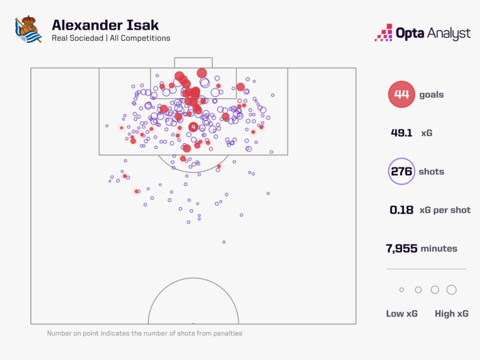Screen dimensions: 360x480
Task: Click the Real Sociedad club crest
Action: [x=28, y=29]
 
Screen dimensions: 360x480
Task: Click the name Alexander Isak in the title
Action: [x=105, y=25]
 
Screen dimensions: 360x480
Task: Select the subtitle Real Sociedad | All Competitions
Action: [x=111, y=38]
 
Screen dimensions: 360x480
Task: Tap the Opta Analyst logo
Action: [x=422, y=33]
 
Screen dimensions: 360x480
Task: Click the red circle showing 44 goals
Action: [x=401, y=94]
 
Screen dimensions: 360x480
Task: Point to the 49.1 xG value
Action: [x=401, y=133]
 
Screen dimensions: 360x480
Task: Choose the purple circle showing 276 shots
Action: [x=401, y=171]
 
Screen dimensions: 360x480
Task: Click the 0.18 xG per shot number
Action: [x=401, y=210]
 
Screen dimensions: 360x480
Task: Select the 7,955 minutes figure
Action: [x=401, y=248]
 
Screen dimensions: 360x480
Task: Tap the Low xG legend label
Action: [x=402, y=314]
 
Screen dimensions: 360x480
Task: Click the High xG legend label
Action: [x=451, y=314]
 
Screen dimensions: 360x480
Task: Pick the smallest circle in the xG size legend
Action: [x=401, y=290]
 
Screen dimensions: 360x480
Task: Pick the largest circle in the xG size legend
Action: [x=451, y=290]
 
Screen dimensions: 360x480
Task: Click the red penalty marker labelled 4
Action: [x=193, y=127]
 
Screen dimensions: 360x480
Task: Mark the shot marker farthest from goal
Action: [x=224, y=242]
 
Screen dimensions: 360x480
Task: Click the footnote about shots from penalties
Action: [x=145, y=333]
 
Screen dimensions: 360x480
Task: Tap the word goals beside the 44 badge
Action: [x=431, y=95]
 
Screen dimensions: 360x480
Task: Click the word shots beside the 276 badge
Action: [x=431, y=172]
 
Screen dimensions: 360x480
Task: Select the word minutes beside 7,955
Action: [x=439, y=249]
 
